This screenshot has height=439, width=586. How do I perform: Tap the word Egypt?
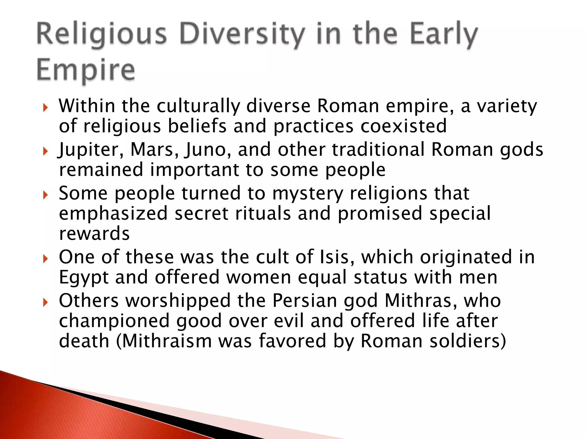(84, 277)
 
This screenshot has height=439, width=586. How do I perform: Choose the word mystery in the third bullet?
(308, 193)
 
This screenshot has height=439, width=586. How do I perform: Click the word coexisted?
(403, 126)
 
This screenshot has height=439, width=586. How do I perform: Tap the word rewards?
(94, 234)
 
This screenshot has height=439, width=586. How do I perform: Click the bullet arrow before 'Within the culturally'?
(45, 108)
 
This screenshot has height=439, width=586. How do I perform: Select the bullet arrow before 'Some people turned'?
(45, 195)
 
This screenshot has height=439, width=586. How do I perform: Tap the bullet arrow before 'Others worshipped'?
(45, 302)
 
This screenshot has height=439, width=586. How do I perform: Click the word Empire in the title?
(86, 70)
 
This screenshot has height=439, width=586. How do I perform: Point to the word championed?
(114, 321)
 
